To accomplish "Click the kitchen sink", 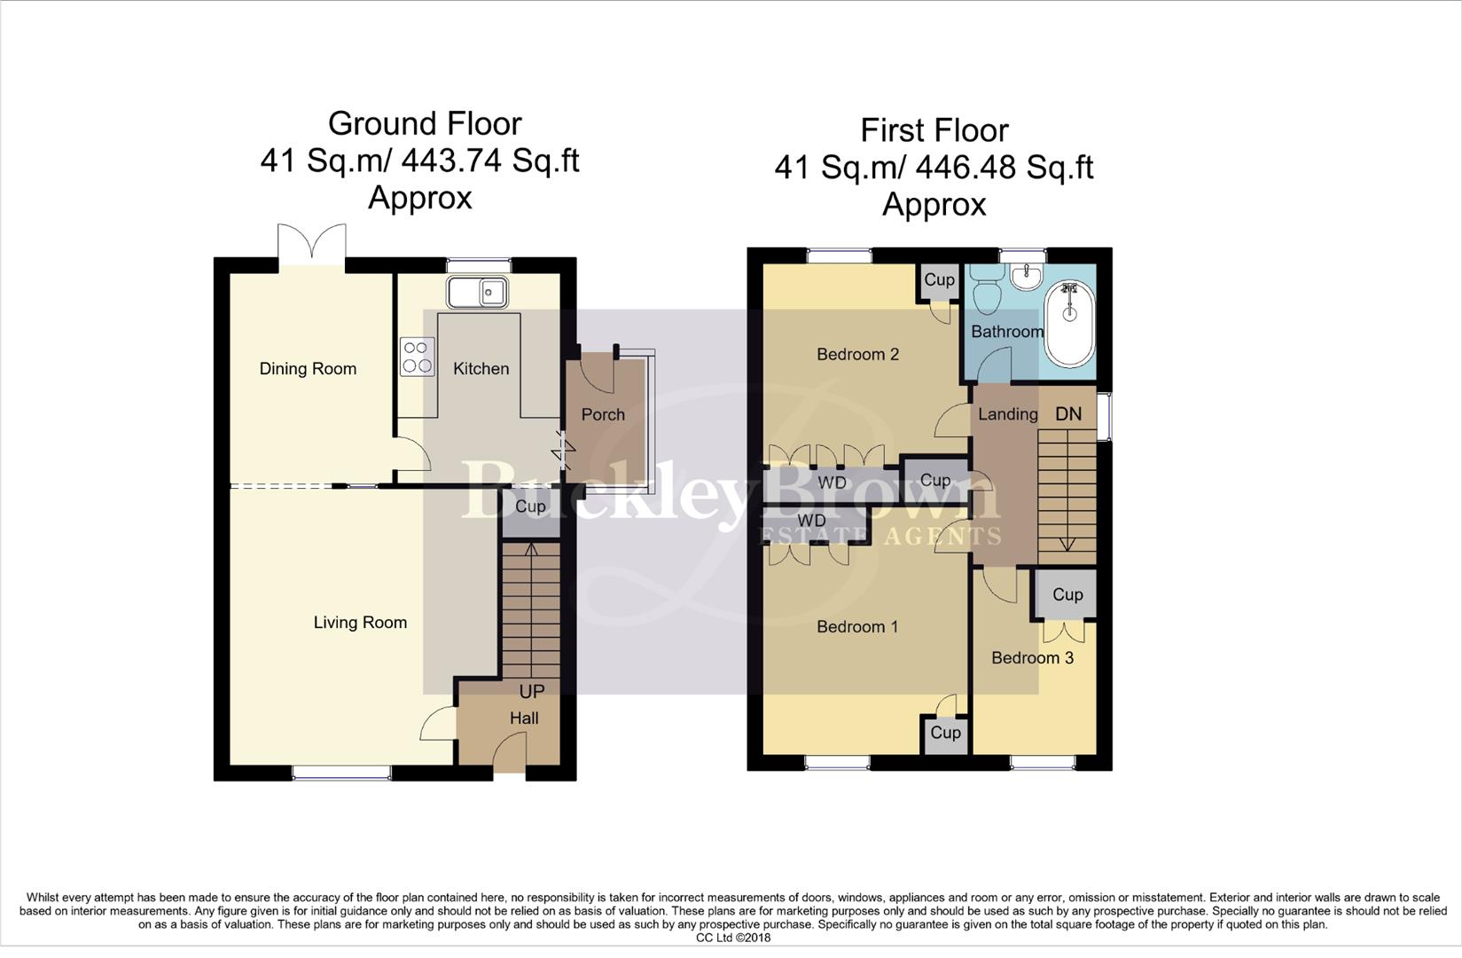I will click(477, 292).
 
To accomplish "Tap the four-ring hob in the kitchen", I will click(417, 357).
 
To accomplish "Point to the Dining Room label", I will click(308, 369).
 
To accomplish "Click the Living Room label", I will click(360, 623).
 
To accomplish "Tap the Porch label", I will click(603, 415).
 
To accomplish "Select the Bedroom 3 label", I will click(1032, 658).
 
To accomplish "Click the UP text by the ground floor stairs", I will click(531, 691).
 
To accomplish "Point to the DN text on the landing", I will click(1068, 414).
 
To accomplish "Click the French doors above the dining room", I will click(310, 244).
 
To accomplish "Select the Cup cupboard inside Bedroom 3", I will click(1067, 595).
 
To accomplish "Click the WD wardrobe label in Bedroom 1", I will click(811, 521).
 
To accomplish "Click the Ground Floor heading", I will click(425, 123).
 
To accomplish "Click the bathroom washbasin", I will click(1028, 275).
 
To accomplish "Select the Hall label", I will click(523, 718).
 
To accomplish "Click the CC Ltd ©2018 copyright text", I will click(733, 938).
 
